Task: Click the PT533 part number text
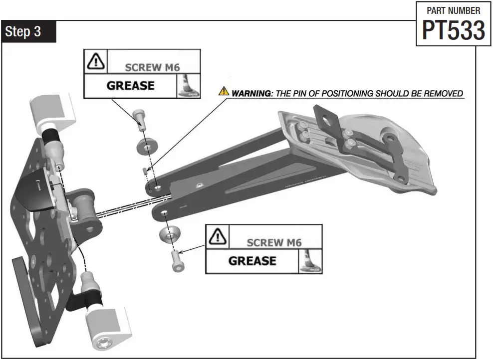[453, 30]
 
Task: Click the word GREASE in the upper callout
[130, 85]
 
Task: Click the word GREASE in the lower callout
[252, 261]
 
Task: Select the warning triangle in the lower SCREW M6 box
[217, 236]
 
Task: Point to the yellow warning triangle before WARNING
[223, 92]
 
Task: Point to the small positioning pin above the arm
[145, 171]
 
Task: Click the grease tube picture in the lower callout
[310, 262]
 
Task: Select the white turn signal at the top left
[51, 112]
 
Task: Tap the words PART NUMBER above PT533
[454, 10]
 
